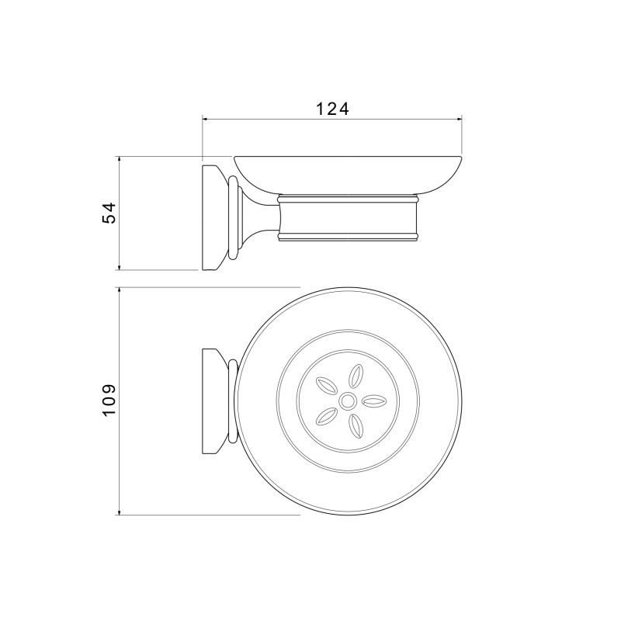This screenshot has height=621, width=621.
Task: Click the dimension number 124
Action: coord(332,109)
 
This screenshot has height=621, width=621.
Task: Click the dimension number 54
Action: coord(109,213)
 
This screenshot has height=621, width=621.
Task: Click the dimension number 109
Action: coord(109,400)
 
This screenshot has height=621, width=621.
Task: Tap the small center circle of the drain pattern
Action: coord(348,401)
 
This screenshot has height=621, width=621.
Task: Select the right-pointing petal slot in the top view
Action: coord(374,401)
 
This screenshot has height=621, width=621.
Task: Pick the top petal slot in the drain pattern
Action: coord(356,376)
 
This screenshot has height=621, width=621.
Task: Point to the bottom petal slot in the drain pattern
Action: coord(356,426)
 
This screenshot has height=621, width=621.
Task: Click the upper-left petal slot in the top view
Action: coord(326,386)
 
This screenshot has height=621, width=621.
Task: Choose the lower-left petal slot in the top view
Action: coord(326,416)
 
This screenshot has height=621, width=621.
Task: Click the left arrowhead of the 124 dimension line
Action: coord(205,118)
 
